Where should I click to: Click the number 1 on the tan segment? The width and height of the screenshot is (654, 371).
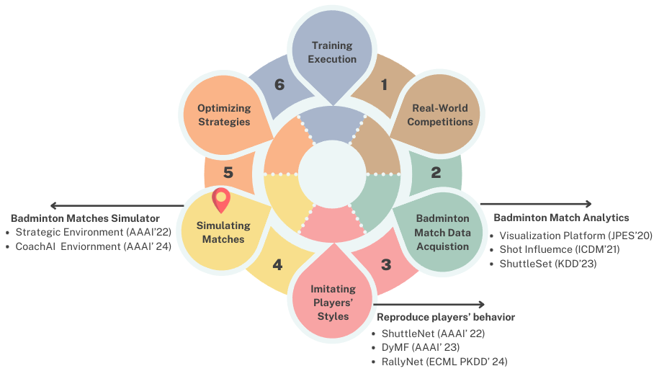point(384,85)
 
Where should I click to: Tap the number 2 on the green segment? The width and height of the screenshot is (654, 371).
point(436,173)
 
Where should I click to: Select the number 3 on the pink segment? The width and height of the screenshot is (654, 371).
point(386,264)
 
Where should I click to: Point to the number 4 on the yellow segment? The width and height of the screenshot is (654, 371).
point(277,264)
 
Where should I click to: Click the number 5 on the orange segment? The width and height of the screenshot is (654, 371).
point(228,173)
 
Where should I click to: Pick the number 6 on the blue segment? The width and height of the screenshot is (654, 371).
point(280,85)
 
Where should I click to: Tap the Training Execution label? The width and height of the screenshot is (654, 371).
point(332,53)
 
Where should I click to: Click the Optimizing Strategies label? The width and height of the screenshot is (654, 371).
point(224,115)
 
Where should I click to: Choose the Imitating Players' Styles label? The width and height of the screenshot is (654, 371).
point(333,303)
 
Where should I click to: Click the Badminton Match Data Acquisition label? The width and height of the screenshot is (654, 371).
point(442,232)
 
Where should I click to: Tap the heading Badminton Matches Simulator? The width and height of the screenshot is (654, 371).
point(85,218)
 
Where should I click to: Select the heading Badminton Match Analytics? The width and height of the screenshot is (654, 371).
point(561,218)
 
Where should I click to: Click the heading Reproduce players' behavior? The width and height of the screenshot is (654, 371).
point(446,317)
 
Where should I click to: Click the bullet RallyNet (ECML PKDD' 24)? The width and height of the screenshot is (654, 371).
point(439,362)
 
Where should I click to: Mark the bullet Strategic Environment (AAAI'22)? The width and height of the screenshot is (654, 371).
point(87,232)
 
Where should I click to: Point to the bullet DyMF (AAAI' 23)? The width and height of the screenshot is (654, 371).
point(411,347)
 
